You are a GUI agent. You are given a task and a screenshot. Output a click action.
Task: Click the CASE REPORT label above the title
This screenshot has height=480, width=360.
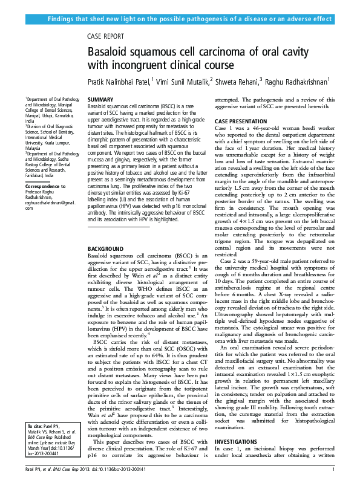106,36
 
